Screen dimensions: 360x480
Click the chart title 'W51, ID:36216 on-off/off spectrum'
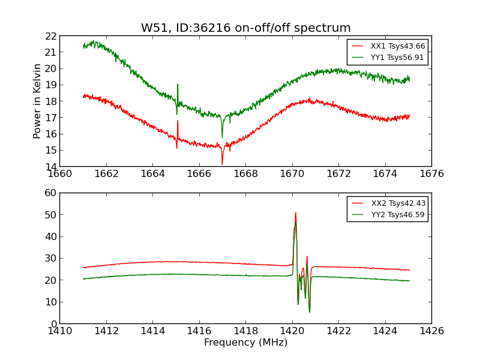[245, 28]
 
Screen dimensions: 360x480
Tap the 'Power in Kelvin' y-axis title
[37, 101]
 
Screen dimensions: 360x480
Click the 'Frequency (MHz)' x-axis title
[245, 343]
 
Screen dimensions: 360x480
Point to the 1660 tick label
[60, 174]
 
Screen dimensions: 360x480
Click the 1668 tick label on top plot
[246, 174]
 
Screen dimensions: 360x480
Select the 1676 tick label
[431, 174]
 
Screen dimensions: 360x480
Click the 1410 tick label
[60, 331]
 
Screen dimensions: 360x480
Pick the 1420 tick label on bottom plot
[292, 331]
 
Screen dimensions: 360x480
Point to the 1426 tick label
[431, 331]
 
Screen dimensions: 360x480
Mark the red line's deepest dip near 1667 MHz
[222, 164]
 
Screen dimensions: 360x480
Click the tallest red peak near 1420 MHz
[295, 213]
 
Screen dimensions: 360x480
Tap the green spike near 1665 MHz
[178, 85]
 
